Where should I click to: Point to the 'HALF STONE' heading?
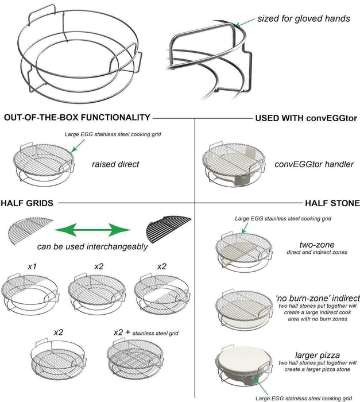332,203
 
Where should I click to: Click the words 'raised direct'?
115,164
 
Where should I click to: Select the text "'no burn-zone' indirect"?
318,298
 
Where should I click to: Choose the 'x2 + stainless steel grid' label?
146,333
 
